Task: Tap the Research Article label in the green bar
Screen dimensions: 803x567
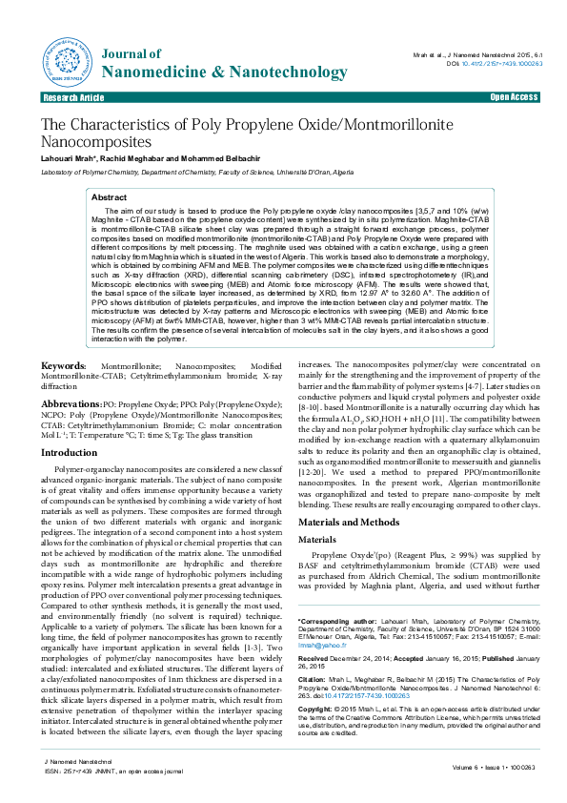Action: (x=73, y=98)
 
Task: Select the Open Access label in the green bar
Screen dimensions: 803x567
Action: (x=513, y=97)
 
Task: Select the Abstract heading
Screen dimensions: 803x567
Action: (x=109, y=196)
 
